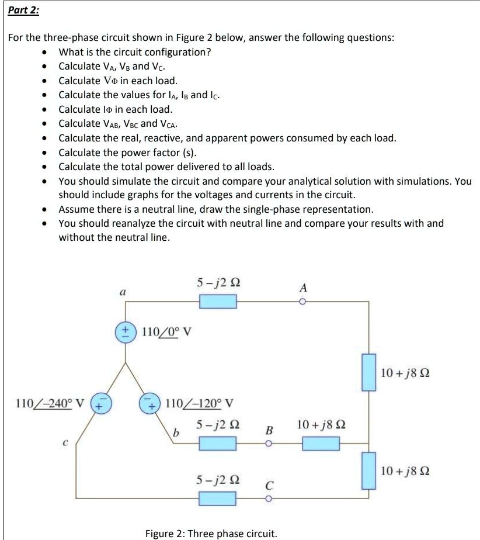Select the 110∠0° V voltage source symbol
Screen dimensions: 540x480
point(125,330)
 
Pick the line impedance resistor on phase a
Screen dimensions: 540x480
point(218,302)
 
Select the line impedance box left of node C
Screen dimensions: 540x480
point(218,499)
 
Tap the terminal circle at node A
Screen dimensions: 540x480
point(303,302)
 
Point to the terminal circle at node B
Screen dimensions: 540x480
point(269,443)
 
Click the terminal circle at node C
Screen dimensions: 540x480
point(269,499)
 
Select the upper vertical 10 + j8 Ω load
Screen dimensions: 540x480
point(368,372)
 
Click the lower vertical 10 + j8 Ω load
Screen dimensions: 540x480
point(368,470)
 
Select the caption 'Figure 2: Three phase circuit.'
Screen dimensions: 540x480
point(211,533)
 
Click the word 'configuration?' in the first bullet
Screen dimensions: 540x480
point(177,52)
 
